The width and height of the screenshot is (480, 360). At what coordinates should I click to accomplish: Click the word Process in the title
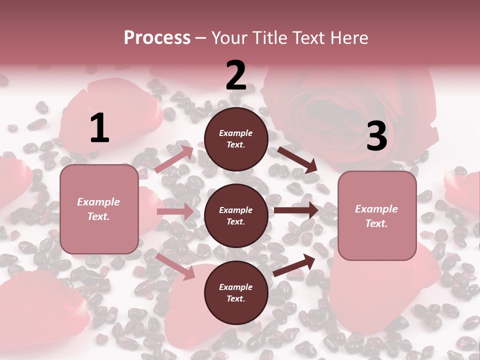pyautogui.click(x=157, y=38)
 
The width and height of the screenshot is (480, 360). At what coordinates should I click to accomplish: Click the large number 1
pyautogui.click(x=99, y=128)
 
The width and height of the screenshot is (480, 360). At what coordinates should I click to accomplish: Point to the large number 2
pyautogui.click(x=236, y=75)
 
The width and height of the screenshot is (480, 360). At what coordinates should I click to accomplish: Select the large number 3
pyautogui.click(x=376, y=136)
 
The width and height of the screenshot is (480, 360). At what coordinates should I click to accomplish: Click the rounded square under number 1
pyautogui.click(x=99, y=209)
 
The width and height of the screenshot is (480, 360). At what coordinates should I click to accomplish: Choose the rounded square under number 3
pyautogui.click(x=377, y=215)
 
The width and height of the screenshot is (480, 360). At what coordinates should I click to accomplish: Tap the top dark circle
pyautogui.click(x=236, y=139)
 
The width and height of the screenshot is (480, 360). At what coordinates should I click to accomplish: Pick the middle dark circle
pyautogui.click(x=236, y=215)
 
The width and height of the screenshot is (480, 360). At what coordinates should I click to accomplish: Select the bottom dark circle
pyautogui.click(x=236, y=292)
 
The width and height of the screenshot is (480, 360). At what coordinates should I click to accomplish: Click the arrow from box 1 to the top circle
pyautogui.click(x=174, y=159)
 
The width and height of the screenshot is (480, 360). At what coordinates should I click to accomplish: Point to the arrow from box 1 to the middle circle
pyautogui.click(x=175, y=211)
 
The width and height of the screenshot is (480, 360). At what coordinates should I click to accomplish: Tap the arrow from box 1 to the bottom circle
pyautogui.click(x=175, y=266)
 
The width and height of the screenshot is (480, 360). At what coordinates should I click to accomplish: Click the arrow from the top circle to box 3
pyautogui.click(x=297, y=160)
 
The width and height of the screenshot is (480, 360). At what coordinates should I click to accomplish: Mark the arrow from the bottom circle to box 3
pyautogui.click(x=294, y=265)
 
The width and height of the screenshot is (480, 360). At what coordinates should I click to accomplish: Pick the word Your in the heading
pyautogui.click(x=230, y=38)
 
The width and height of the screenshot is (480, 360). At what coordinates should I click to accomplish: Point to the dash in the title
pyautogui.click(x=200, y=38)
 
